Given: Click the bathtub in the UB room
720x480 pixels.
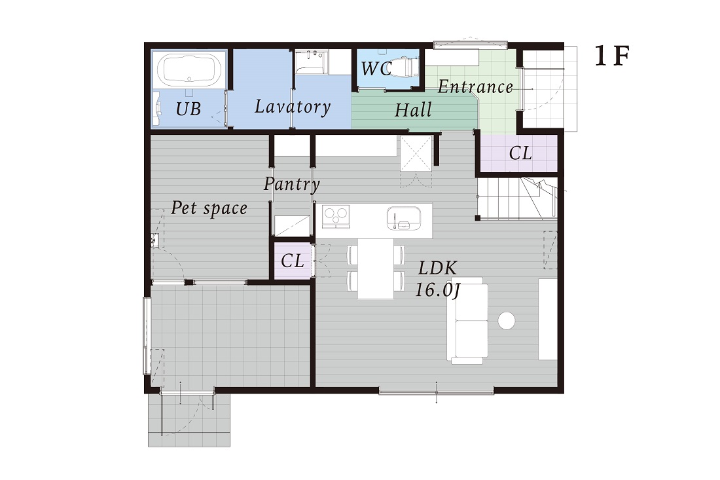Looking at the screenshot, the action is pyautogui.click(x=189, y=70).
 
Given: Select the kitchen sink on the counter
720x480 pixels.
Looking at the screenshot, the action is pyautogui.click(x=404, y=217).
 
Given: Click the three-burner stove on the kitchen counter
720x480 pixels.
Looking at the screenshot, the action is pyautogui.click(x=336, y=216).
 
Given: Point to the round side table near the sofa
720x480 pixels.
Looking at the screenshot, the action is pyautogui.click(x=507, y=321).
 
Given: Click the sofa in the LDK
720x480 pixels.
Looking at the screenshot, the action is pyautogui.click(x=467, y=321).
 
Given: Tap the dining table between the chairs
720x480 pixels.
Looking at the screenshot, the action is pyautogui.click(x=376, y=268).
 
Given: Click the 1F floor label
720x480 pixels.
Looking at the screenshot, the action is pyautogui.click(x=611, y=56).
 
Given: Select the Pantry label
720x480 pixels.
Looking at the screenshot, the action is pyautogui.click(x=291, y=184).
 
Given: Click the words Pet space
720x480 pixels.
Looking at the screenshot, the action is pyautogui.click(x=209, y=208).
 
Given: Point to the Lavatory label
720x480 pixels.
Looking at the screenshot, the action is pyautogui.click(x=293, y=107).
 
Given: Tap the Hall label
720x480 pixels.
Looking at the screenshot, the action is pyautogui.click(x=413, y=110).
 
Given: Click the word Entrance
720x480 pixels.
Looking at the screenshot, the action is pyautogui.click(x=475, y=87).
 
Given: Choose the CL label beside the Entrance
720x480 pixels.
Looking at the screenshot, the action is pyautogui.click(x=520, y=153).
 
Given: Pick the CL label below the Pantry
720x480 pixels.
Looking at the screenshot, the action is pyautogui.click(x=293, y=261).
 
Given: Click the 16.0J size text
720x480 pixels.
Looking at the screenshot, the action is pyautogui.click(x=437, y=290).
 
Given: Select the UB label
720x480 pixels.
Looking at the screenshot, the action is pyautogui.click(x=189, y=109).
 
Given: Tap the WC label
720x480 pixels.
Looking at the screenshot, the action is pyautogui.click(x=376, y=69).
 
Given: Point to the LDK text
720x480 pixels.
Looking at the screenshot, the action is pyautogui.click(x=438, y=268).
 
